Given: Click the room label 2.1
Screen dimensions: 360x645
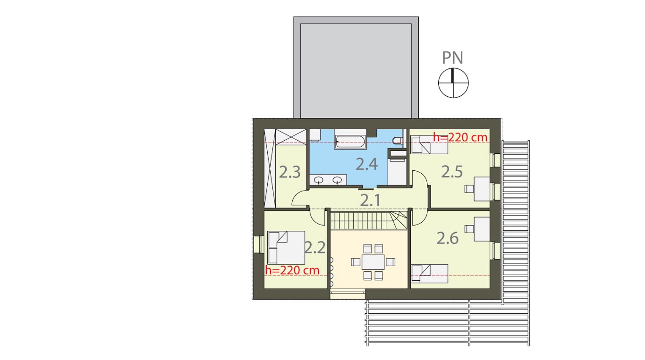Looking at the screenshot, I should pyautogui.click(x=370, y=201).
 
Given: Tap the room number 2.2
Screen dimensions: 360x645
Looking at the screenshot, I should pyautogui.click(x=315, y=247).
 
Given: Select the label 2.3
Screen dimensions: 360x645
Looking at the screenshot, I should pyautogui.click(x=289, y=172).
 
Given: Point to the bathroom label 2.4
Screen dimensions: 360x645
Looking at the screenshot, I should pyautogui.click(x=367, y=164).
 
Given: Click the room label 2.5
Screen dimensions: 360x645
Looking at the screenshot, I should pyautogui.click(x=452, y=172).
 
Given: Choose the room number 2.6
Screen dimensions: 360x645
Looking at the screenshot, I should pyautogui.click(x=447, y=238).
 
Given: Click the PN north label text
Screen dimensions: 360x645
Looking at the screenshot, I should pyautogui.click(x=452, y=58).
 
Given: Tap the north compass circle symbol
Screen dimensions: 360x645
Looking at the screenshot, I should pyautogui.click(x=453, y=83).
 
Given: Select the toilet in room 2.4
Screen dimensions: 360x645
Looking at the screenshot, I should pyautogui.click(x=398, y=139).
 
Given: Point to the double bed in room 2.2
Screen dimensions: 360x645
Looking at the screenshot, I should pyautogui.click(x=286, y=247).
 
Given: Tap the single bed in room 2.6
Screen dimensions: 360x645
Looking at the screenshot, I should pyautogui.click(x=429, y=273).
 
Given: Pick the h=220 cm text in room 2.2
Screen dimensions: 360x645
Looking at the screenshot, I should pyautogui.click(x=292, y=270).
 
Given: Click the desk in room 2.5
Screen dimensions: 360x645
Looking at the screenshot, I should pyautogui.click(x=482, y=188).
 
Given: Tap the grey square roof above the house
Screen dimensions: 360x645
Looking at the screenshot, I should pyautogui.click(x=356, y=67).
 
